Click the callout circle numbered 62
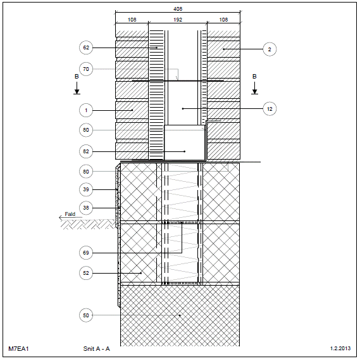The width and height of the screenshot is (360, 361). (86, 47)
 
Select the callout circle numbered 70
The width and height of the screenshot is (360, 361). (86, 69)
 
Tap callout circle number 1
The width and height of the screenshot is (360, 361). (86, 110)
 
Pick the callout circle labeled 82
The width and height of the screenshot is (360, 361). (86, 151)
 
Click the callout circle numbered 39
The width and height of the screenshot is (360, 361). (86, 189)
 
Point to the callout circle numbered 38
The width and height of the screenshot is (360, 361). (86, 208)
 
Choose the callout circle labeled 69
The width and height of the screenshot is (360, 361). (86, 253)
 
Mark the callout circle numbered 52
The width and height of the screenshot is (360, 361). (86, 273)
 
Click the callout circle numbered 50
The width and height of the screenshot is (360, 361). (86, 315)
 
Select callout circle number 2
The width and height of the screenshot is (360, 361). (270, 49)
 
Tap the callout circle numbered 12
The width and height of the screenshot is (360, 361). (270, 109)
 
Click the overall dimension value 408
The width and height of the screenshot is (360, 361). (178, 9)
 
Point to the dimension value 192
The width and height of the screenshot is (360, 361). (178, 20)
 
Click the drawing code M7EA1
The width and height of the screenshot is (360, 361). (18, 349)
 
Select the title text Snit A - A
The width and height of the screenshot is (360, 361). (97, 349)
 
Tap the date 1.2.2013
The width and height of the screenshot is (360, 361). (340, 348)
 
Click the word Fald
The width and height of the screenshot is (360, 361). (70, 214)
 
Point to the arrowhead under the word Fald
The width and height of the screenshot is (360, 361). (61, 217)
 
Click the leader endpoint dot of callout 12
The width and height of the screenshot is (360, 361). (183, 109)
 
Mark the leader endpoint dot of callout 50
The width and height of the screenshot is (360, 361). (180, 315)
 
